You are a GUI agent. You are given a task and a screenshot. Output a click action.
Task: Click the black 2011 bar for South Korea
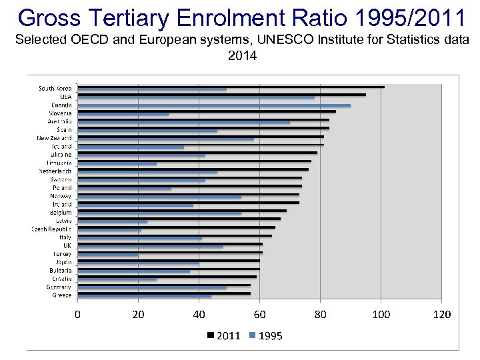click(231, 87)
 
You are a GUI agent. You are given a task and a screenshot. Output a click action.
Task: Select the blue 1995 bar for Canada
click(214, 105)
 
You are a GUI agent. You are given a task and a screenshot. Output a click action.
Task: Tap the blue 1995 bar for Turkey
click(108, 255)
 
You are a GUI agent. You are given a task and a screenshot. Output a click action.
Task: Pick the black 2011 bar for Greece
click(164, 293)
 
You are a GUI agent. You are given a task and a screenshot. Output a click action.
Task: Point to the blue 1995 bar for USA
click(196, 97)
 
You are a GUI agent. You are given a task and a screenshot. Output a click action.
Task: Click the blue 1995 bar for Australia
click(184, 122)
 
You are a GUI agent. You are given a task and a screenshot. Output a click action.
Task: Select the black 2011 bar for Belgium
click(182, 211)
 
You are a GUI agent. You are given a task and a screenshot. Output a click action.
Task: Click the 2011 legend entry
click(223, 336)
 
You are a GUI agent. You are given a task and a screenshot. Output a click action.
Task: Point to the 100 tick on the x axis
click(381, 314)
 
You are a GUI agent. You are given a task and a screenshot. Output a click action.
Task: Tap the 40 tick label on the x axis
click(199, 314)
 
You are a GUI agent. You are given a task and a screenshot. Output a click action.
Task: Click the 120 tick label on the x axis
click(441, 314)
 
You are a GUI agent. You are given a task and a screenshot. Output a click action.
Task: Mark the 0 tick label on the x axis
click(77, 314)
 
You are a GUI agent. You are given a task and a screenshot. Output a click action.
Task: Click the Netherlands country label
click(54, 171)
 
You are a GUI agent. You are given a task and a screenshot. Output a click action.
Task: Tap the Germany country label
click(59, 287)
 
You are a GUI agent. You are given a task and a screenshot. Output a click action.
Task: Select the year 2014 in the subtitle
click(242, 56)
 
